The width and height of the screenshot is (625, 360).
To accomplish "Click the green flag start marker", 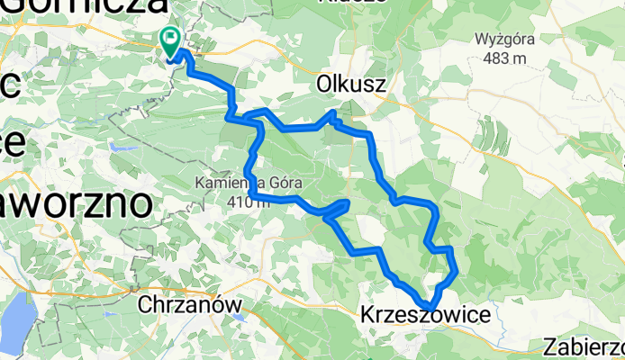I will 169,39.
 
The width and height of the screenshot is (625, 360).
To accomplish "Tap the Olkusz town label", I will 351,85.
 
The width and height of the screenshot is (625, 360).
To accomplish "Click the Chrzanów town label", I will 191,305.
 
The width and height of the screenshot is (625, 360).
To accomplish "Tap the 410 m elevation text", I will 249,202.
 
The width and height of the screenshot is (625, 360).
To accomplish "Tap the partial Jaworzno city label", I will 76,202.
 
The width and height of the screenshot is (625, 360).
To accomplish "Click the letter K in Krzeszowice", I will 367,315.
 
